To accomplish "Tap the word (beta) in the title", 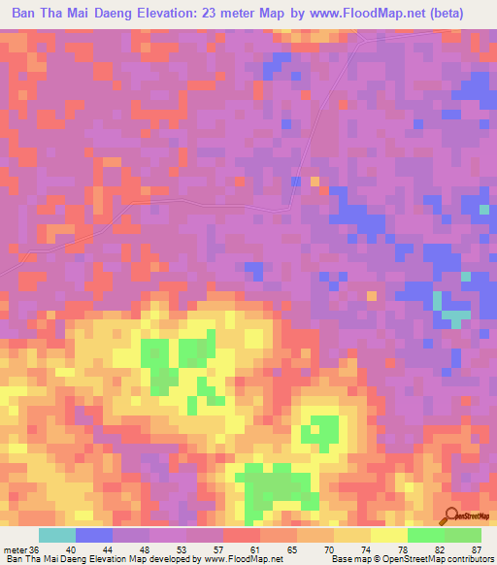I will pyautogui.click(x=441, y=13).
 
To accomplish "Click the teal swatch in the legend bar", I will pyautogui.click(x=56, y=535).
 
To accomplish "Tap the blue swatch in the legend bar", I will pyautogui.click(x=94, y=535).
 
